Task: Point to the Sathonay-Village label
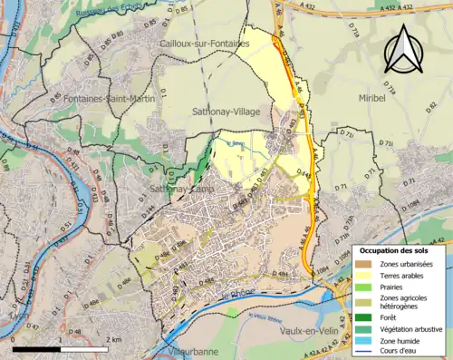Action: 226,111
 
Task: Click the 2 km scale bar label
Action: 112,339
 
